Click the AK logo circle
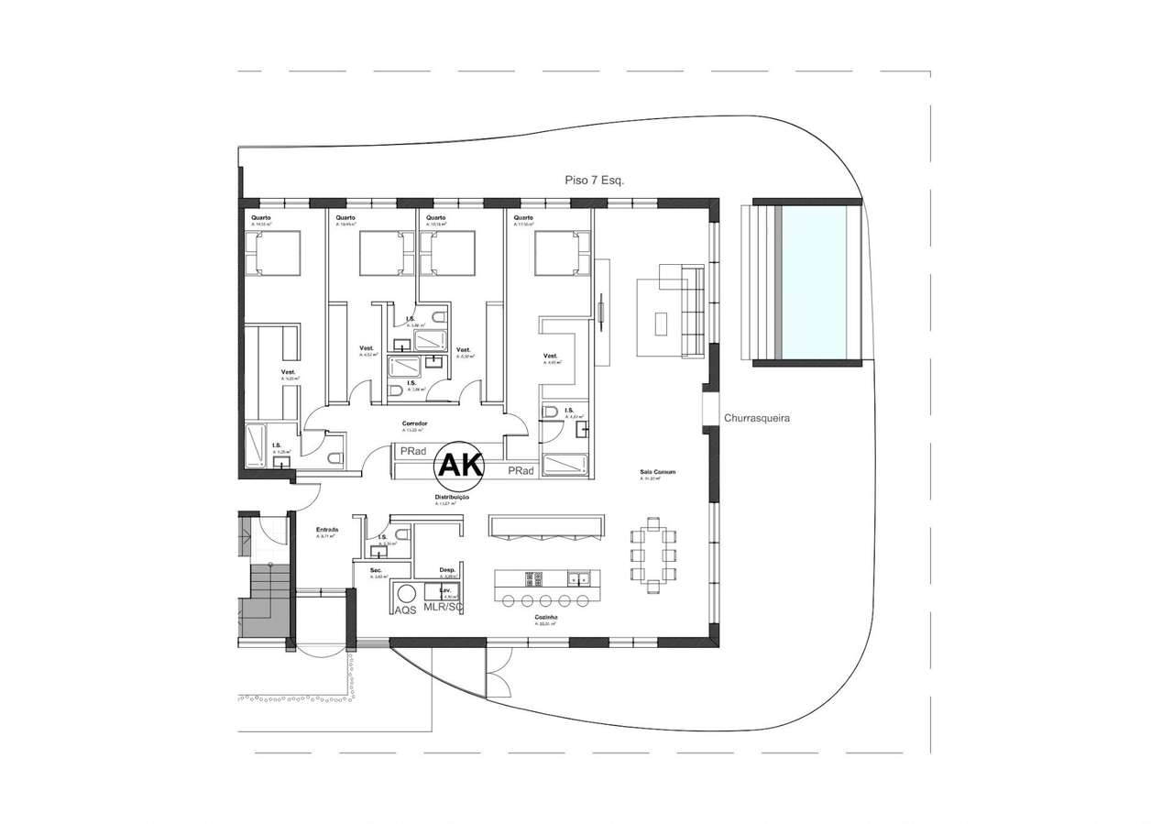pos(460,466)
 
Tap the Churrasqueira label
pos(757,417)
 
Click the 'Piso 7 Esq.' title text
pos(595,181)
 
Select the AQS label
pos(405,609)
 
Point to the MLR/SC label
pos(444,608)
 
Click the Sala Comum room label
pos(658,472)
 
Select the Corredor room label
pos(415,423)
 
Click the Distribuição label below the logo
pos(452,497)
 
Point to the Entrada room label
pos(327,530)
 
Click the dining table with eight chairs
pos(654,555)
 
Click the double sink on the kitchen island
pos(577,578)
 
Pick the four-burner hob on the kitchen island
pos(532,578)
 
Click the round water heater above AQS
pos(406,592)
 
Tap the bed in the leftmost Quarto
pos(272,253)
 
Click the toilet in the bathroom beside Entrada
pos(378,551)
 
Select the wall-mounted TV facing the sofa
pos(600,309)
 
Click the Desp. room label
pos(448,568)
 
